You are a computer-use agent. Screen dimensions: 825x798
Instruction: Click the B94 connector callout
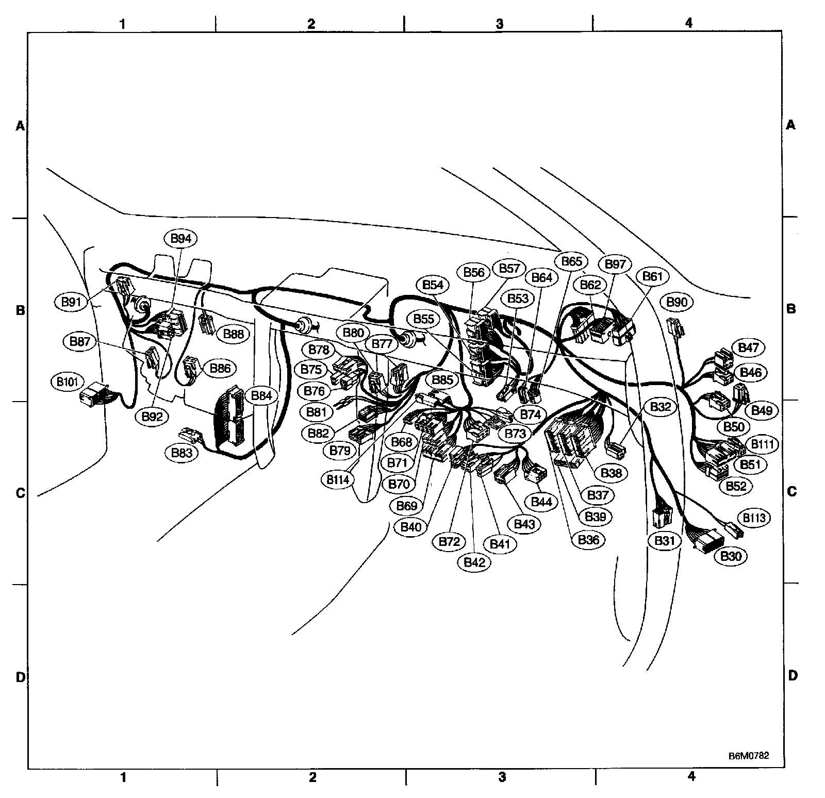tap(180, 239)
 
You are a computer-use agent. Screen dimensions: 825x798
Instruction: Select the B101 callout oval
tap(67, 382)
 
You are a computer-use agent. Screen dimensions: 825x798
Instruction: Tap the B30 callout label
tap(730, 556)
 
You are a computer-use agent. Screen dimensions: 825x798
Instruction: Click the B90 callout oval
tap(676, 302)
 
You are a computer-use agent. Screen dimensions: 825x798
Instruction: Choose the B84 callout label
tap(261, 396)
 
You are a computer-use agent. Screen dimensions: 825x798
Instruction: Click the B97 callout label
tap(615, 264)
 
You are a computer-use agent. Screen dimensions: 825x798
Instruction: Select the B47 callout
tap(748, 347)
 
